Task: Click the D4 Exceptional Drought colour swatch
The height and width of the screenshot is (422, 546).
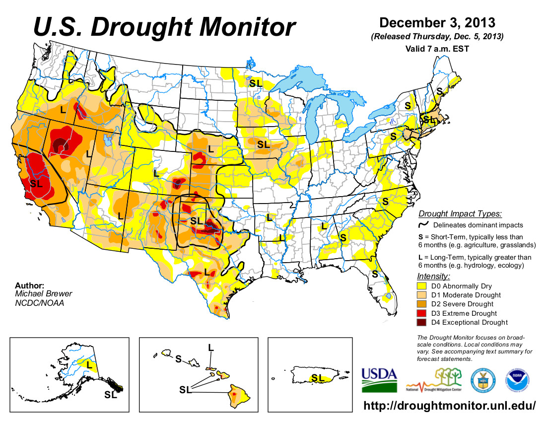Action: [422, 323]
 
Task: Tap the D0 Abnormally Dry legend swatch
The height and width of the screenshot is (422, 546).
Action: [422, 285]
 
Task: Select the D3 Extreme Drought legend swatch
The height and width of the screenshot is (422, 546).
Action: [422, 313]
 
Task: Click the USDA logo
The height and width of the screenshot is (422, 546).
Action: [379, 379]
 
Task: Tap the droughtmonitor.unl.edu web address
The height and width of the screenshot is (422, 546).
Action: [450, 406]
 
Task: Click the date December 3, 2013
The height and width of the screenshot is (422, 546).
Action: [437, 23]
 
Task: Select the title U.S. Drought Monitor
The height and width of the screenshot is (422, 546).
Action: [164, 27]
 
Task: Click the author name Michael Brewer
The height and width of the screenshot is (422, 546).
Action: [40, 294]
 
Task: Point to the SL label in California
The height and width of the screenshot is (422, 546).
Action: [36, 183]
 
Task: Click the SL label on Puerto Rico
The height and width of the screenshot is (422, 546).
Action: [320, 378]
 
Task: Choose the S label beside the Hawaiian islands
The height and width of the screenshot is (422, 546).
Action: [178, 358]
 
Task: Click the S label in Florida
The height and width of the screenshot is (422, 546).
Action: [375, 274]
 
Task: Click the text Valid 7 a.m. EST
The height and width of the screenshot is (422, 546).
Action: [437, 49]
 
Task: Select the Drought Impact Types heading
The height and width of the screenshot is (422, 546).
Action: [460, 214]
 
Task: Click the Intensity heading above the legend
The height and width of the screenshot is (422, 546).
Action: [433, 276]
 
